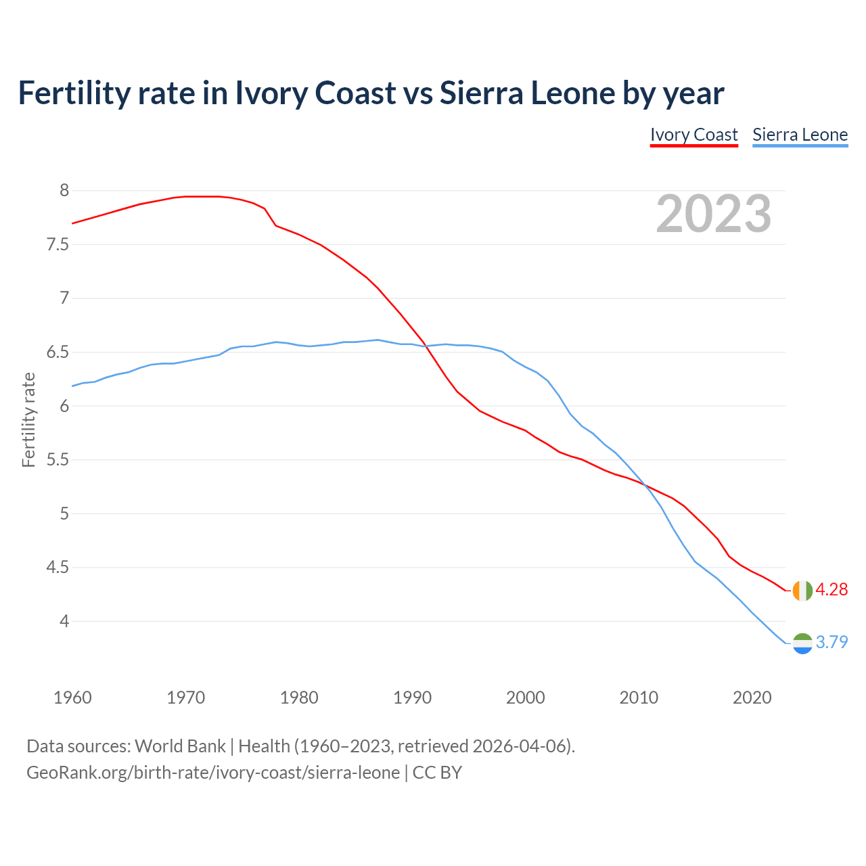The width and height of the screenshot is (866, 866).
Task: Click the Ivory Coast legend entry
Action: click(693, 135)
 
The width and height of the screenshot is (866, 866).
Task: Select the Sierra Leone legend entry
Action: click(800, 135)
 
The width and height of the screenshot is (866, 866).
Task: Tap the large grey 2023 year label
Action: click(714, 214)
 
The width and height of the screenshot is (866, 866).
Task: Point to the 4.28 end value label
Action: click(831, 590)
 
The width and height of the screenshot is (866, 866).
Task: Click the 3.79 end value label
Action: click(831, 643)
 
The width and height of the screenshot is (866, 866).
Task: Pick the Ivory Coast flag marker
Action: click(802, 591)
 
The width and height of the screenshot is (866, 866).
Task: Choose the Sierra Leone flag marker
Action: click(802, 643)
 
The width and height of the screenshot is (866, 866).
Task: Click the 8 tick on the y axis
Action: click(64, 191)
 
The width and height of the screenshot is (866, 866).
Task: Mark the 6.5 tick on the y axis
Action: click(58, 352)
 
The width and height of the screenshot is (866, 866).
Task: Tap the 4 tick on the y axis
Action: click(64, 621)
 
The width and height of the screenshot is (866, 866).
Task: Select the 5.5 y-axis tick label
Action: click(58, 460)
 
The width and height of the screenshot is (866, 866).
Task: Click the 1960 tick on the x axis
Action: click(72, 698)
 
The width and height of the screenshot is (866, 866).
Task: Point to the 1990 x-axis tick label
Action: click(412, 698)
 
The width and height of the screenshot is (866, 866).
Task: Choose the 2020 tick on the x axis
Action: click(752, 698)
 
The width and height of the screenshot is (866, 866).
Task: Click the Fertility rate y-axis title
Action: click(28, 419)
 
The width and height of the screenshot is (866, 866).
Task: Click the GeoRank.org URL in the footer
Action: click(213, 773)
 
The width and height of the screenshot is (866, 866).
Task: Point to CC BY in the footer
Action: click(437, 773)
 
